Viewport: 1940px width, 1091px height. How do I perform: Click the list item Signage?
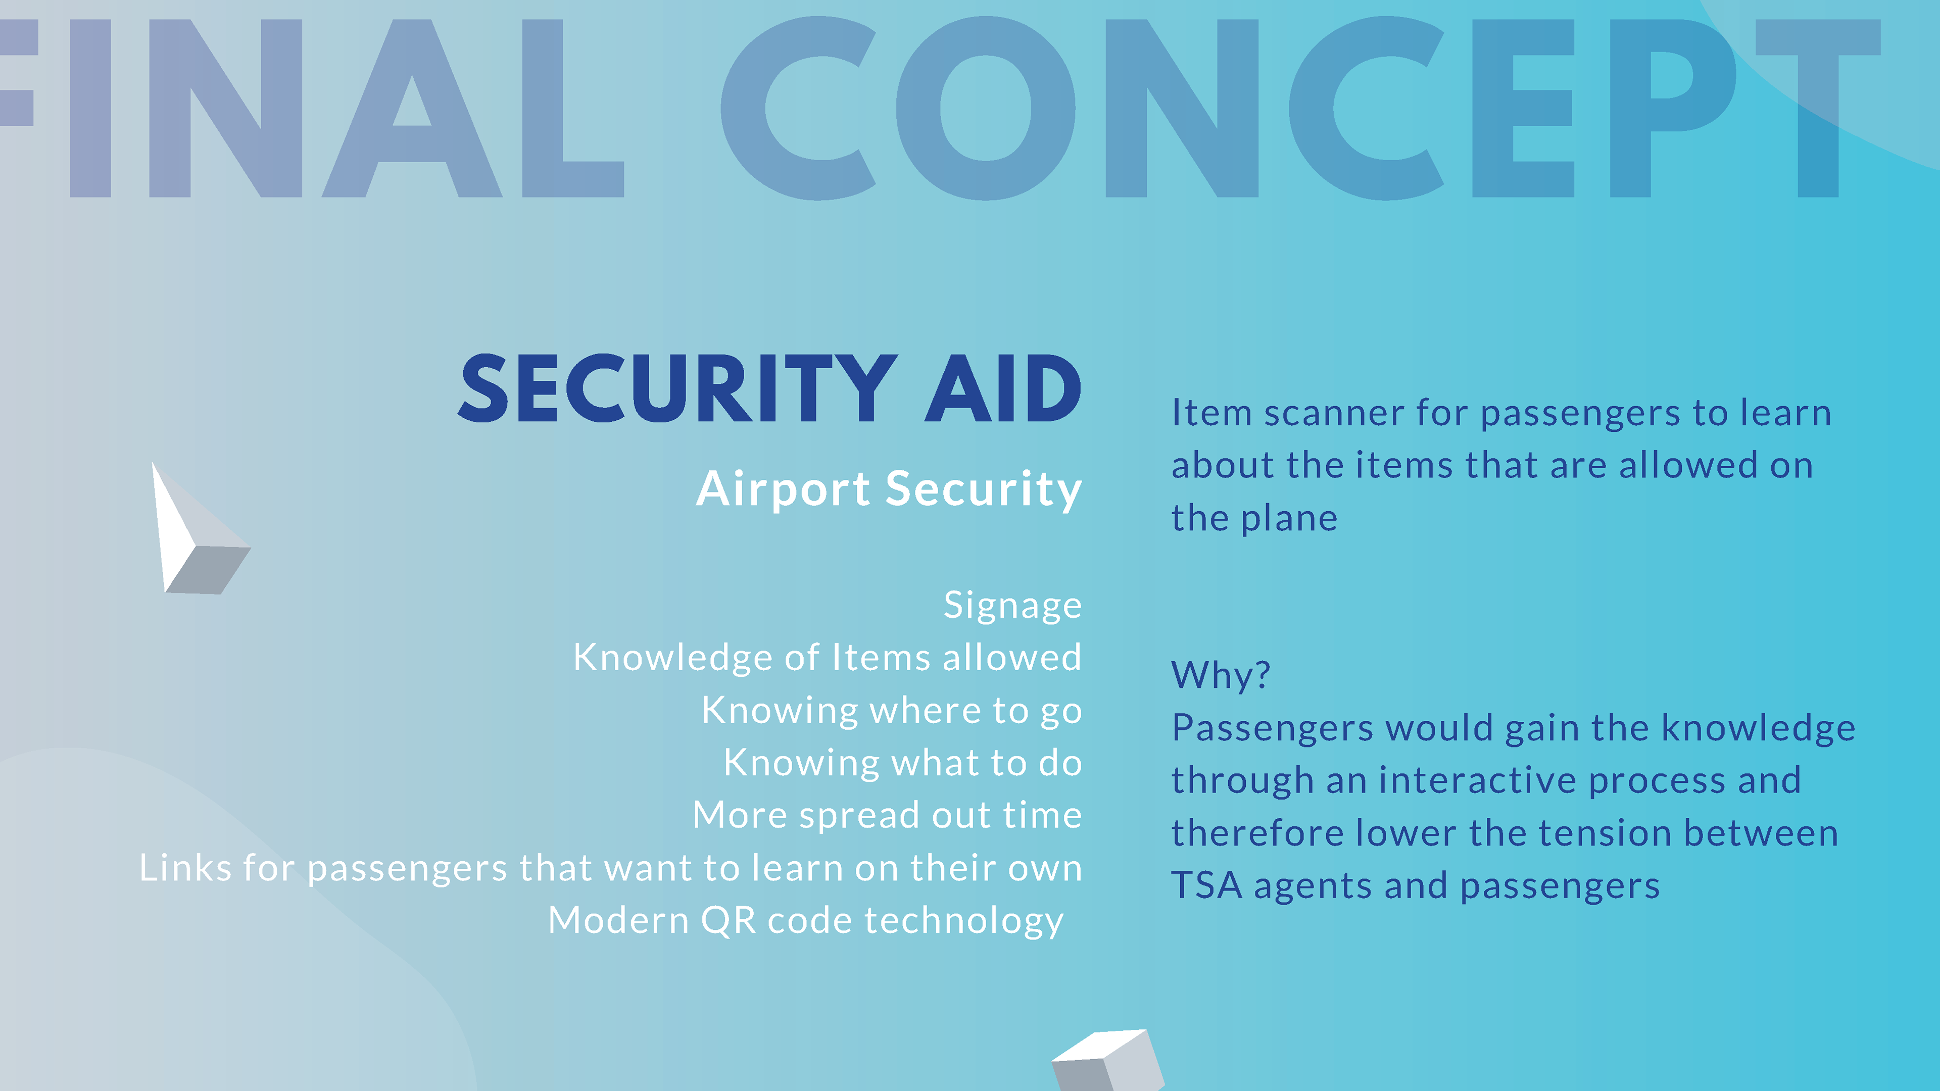pyautogui.click(x=1013, y=606)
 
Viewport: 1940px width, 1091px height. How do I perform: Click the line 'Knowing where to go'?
pyautogui.click(x=892, y=711)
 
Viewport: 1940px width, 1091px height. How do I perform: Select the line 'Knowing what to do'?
pyautogui.click(x=903, y=763)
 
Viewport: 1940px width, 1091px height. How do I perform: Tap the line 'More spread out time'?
pyautogui.click(x=887, y=815)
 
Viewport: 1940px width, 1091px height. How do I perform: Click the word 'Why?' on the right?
pyautogui.click(x=1221, y=675)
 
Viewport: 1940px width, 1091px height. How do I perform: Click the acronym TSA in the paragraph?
pyautogui.click(x=1206, y=885)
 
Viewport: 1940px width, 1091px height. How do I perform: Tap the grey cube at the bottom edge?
pyautogui.click(x=1108, y=1060)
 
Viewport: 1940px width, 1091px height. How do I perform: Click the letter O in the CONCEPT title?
pyautogui.click(x=985, y=109)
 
